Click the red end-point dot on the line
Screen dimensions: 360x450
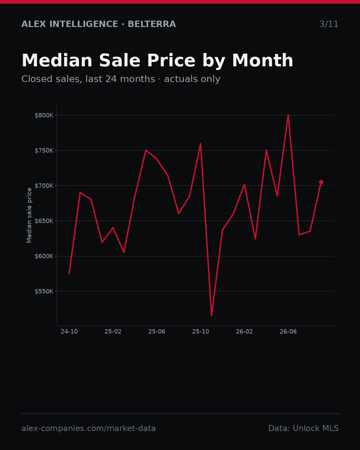[321, 182]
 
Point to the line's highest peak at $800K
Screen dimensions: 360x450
[288, 115]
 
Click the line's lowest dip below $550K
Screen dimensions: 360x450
[211, 315]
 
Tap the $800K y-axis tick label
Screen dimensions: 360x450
[44, 115]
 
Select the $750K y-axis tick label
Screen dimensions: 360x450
[44, 151]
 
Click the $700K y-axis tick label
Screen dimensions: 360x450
[44, 186]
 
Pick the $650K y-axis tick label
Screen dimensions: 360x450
[44, 221]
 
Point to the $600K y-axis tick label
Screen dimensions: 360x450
[44, 256]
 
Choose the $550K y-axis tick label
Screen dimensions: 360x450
[44, 291]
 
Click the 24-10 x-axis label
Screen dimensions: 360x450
[69, 332]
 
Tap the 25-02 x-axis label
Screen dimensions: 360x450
[113, 332]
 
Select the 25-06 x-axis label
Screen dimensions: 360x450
[157, 332]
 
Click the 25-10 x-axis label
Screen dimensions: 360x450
[201, 332]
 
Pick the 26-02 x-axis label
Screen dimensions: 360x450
[244, 332]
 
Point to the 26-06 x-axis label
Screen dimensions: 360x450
[288, 332]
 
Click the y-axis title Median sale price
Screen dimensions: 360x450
[29, 215]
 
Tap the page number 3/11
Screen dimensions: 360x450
[329, 24]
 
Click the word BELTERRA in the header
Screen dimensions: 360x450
[152, 24]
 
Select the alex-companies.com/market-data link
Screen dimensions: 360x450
[88, 428]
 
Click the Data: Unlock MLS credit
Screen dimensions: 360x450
[304, 428]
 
